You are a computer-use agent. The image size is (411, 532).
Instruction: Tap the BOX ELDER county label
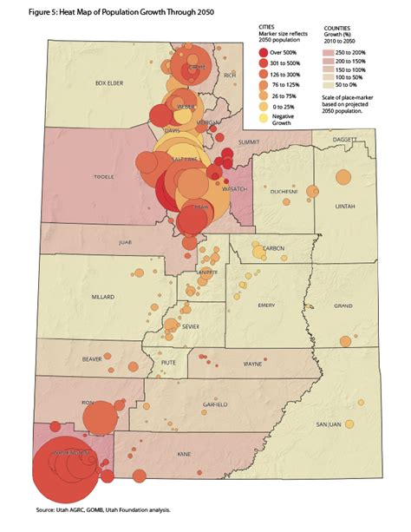(112, 83)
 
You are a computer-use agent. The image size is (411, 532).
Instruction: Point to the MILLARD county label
(102, 296)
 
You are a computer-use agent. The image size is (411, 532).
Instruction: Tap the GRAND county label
(342, 305)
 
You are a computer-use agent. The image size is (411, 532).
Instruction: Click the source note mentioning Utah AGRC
(103, 510)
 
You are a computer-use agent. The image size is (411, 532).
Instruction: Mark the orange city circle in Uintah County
(343, 177)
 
